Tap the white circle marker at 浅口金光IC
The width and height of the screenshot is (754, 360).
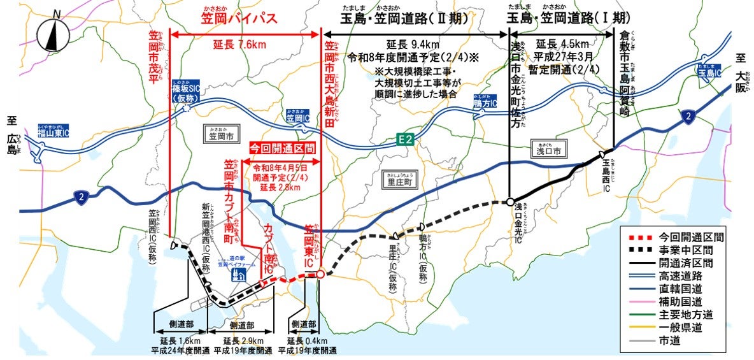(510, 202)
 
